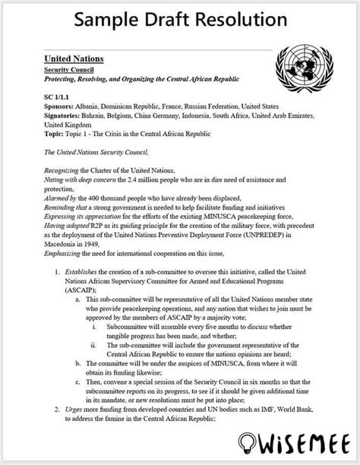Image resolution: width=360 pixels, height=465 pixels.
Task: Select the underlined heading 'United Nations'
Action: coord(74,59)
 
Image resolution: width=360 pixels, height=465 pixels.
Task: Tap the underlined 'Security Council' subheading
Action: coord(67,69)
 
